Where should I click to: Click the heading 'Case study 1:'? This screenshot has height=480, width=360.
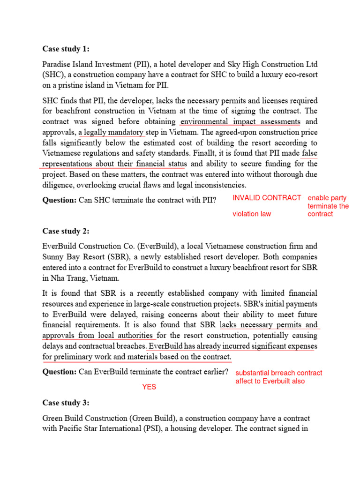(66, 49)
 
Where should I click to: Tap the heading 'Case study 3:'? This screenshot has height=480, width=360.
(66, 403)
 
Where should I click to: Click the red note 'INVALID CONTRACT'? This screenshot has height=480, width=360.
(267, 198)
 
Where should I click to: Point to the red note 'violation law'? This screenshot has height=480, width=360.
(252, 214)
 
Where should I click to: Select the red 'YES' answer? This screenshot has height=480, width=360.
(149, 387)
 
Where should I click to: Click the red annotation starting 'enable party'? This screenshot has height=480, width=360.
(328, 206)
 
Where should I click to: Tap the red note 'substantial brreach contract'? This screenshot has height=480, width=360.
(278, 373)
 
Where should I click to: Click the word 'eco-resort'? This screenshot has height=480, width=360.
(300, 75)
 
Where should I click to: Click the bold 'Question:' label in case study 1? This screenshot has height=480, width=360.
(60, 200)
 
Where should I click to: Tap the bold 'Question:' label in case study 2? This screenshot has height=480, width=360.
(60, 372)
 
